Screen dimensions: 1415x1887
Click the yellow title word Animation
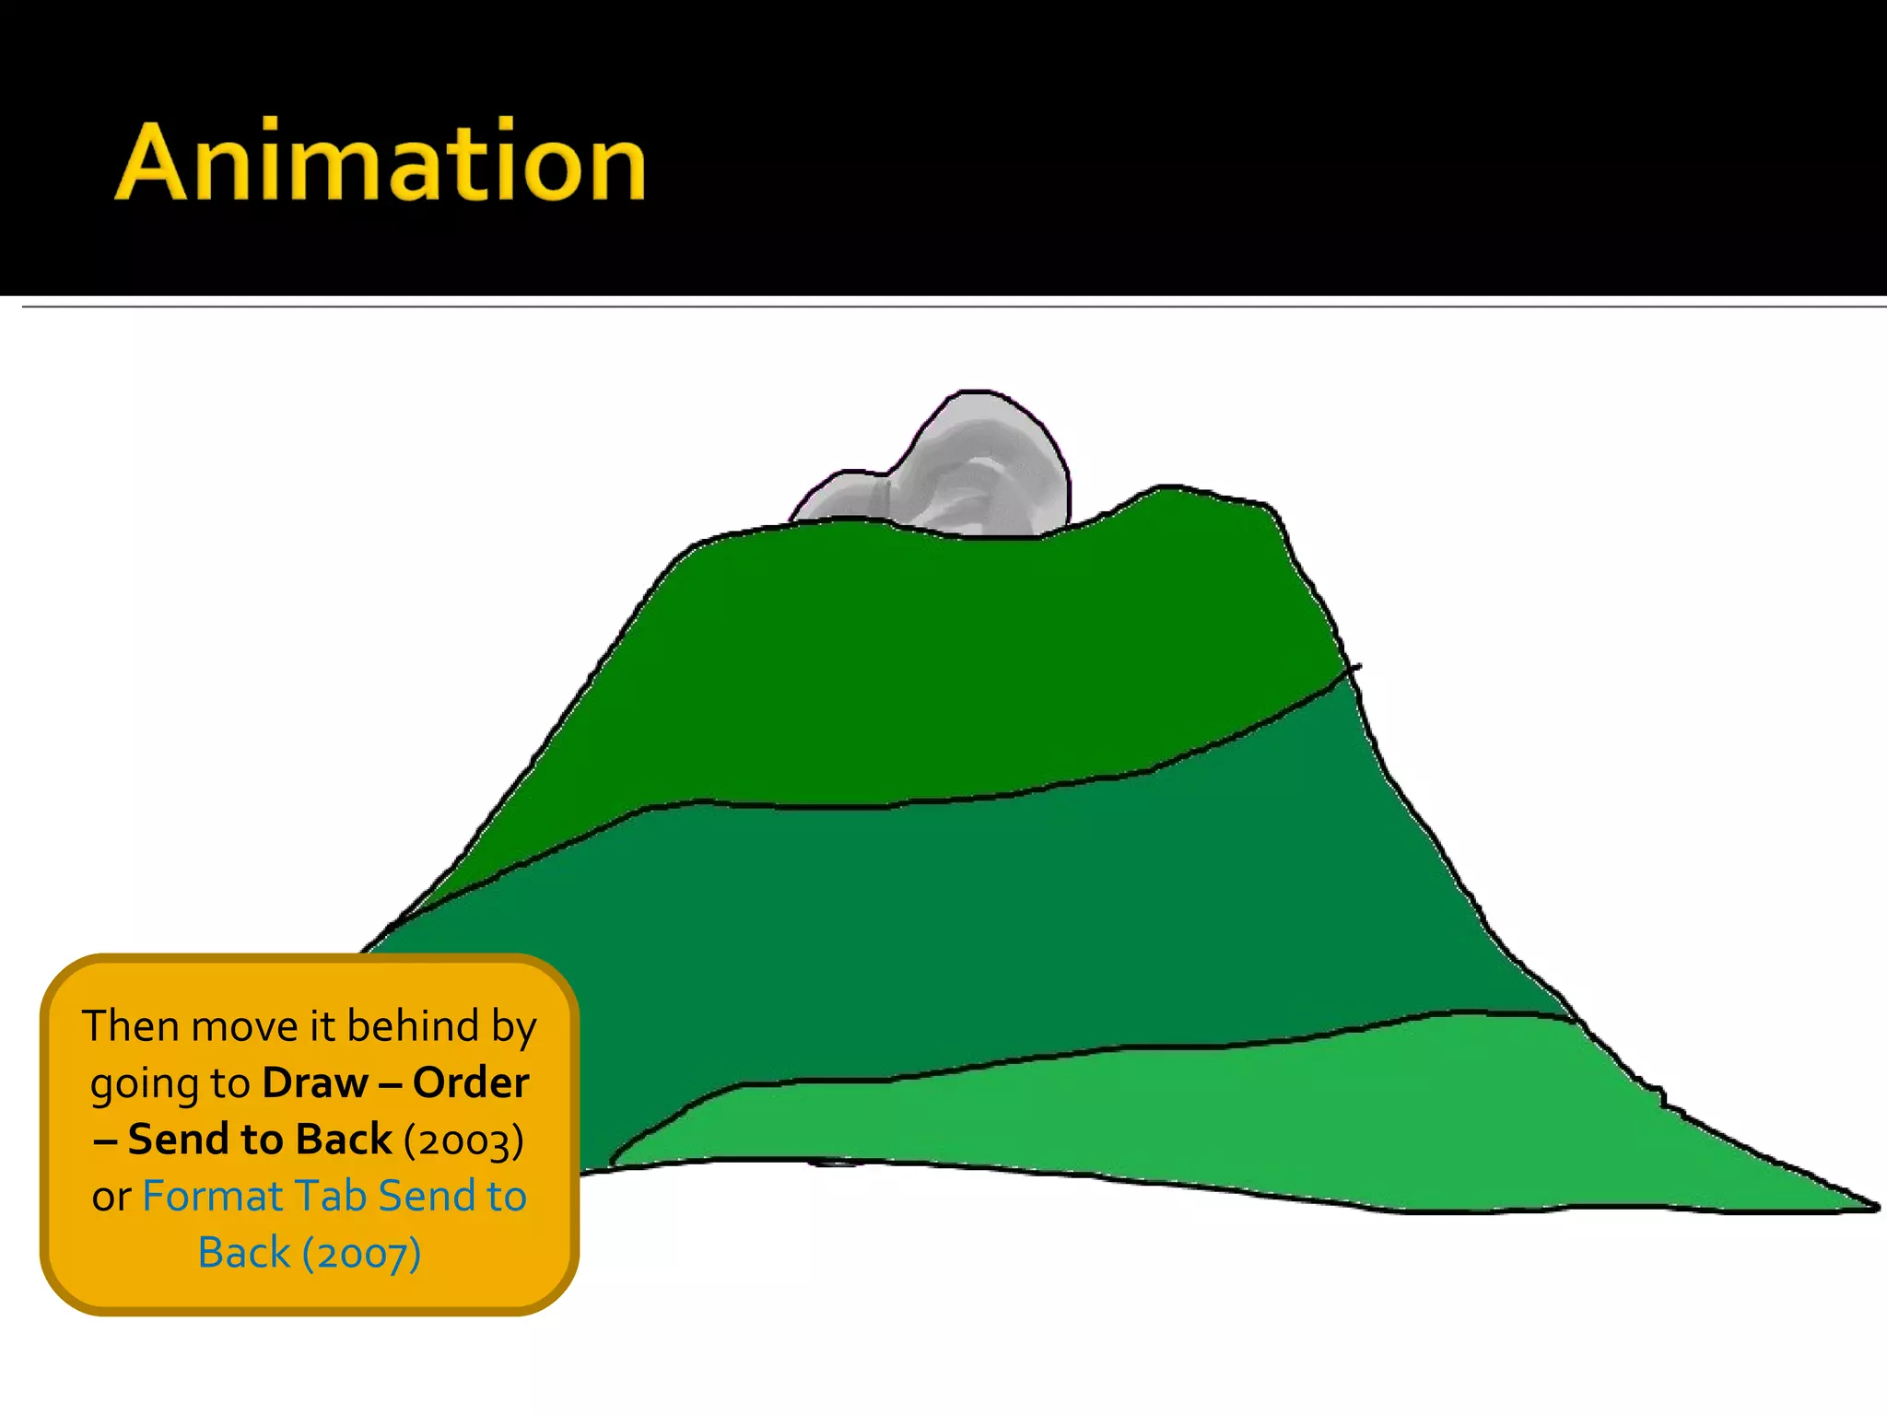381,162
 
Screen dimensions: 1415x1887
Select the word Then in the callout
128,1026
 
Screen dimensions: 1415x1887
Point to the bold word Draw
314,1083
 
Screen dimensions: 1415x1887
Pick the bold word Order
471,1083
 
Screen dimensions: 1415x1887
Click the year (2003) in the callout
463,1140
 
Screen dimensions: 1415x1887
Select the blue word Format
213,1197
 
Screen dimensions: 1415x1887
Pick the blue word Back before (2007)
243,1254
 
